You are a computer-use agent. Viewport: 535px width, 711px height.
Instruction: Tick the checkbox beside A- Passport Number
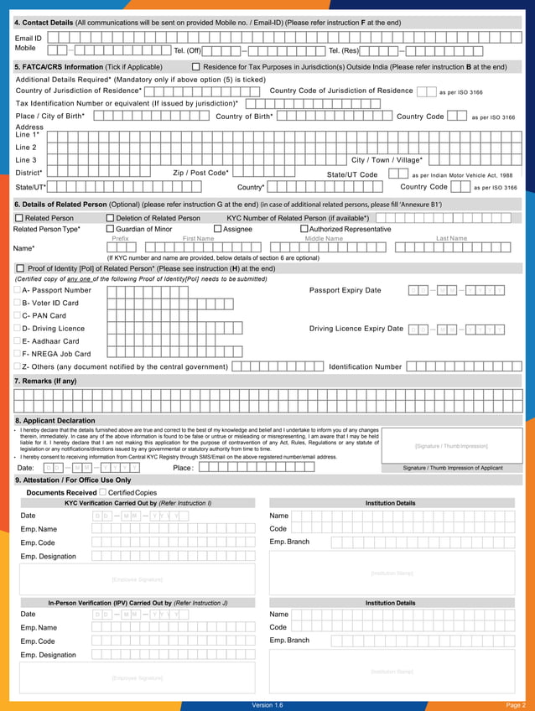coord(18,290)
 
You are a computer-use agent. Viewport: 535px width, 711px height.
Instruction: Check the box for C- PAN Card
coord(18,315)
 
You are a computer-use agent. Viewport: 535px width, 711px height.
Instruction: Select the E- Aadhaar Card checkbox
coord(18,341)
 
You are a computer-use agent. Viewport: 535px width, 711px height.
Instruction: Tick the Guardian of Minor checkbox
coord(110,229)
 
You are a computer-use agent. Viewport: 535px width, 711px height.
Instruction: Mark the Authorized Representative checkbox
coord(304,229)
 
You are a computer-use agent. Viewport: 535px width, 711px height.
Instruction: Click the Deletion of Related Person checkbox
coord(110,218)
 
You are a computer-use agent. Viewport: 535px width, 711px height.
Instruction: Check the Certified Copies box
coord(102,492)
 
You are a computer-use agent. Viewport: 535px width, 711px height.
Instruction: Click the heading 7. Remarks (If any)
coord(45,381)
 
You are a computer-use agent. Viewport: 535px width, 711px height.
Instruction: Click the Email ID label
coord(28,39)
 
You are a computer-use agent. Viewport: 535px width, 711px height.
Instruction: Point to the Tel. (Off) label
coord(186,50)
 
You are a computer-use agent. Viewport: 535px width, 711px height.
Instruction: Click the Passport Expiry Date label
coord(345,290)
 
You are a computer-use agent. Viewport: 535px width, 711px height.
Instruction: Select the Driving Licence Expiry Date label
coord(356,329)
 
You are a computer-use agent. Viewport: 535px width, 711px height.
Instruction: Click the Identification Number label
coord(365,366)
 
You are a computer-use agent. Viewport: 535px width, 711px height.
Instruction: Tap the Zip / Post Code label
coord(200,173)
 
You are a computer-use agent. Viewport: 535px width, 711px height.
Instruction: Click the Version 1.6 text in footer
coord(267,705)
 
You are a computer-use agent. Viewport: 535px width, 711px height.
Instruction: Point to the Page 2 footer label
coord(515,705)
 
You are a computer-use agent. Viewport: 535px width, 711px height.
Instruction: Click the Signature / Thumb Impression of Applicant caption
coord(453,468)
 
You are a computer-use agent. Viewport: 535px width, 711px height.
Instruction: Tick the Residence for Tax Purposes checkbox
coord(196,67)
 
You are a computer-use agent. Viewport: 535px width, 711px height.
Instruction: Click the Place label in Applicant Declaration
coord(183,468)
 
